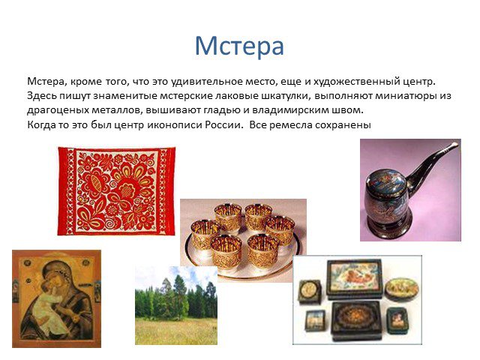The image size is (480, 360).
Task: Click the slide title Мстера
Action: click(x=239, y=46)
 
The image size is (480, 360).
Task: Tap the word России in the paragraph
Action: click(x=223, y=125)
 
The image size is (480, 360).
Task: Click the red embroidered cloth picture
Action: click(x=116, y=191)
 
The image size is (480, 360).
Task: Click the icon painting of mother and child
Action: click(x=57, y=298)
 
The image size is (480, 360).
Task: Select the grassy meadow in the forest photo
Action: click(x=176, y=331)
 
